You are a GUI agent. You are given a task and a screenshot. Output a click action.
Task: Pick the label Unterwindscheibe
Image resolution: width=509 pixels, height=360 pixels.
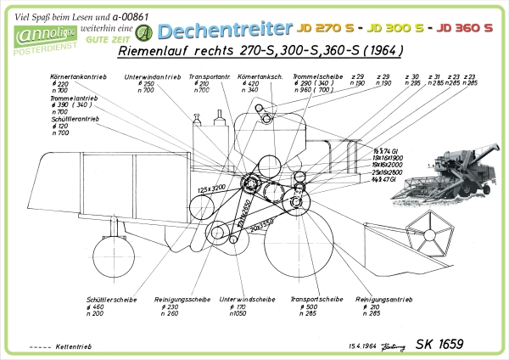click(246, 299)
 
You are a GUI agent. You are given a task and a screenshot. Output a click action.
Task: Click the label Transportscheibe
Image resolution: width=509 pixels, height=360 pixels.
click(316, 299)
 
